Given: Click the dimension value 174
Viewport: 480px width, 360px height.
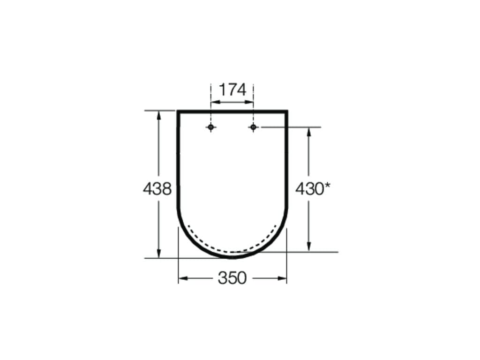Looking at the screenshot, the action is point(232,90).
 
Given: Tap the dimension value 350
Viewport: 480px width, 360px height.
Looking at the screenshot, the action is point(232,278).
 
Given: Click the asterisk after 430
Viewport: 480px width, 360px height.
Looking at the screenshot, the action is point(328,186).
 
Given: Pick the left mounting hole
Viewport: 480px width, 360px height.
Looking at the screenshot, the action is point(210,127).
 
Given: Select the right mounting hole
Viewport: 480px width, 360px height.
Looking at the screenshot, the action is point(253,127).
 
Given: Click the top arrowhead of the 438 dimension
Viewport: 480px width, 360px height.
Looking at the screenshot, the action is point(158,116).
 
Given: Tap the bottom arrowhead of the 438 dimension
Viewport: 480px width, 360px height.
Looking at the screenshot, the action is point(158,253).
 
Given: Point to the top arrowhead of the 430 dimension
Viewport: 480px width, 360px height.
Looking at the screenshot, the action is point(309,132).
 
